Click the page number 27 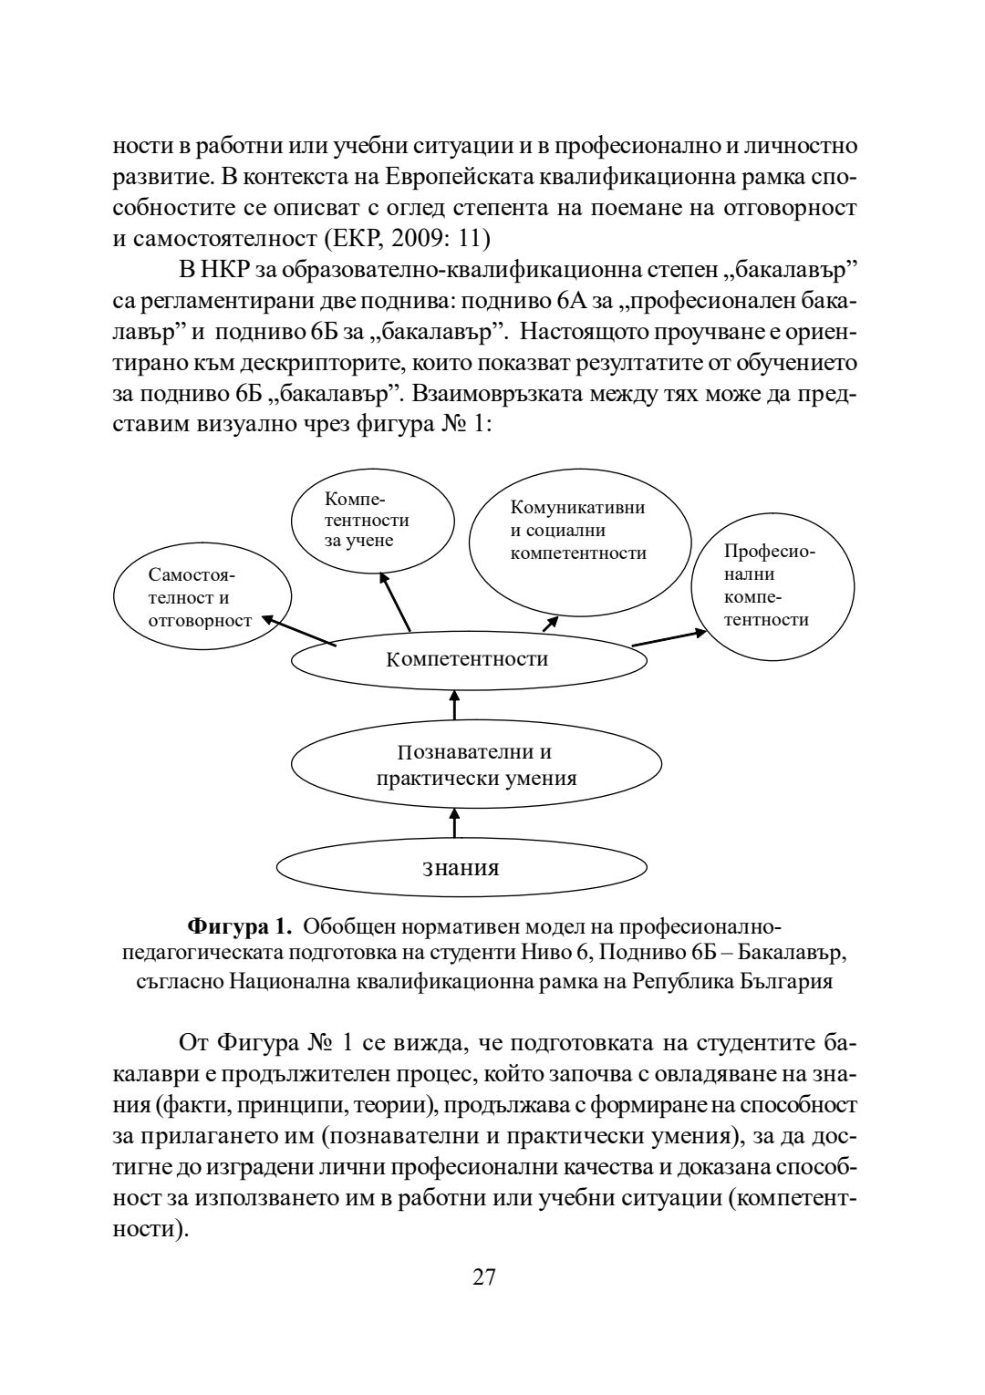(483, 1277)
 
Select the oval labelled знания (461, 867)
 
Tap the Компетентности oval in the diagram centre (466, 659)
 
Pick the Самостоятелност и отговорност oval (202, 599)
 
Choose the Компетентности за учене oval (372, 521)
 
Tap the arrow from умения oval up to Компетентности (454, 706)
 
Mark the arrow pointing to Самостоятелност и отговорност (299, 632)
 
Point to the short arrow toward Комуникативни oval (550, 624)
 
